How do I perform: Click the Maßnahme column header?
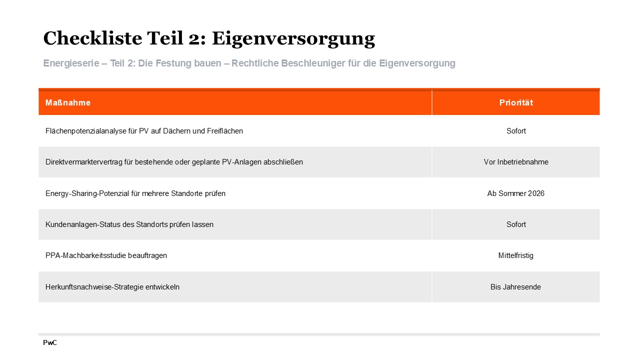pos(68,102)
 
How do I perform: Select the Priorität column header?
pos(516,102)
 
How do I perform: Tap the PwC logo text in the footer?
pos(50,343)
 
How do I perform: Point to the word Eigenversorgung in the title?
pos(293,38)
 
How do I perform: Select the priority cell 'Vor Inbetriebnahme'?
pos(516,162)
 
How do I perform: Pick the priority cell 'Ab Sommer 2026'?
pos(516,193)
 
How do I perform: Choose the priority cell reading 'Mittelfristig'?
pos(516,255)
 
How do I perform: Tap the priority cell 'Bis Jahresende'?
pos(516,287)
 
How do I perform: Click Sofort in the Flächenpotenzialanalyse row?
pos(516,131)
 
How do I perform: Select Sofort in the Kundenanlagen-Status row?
pos(516,224)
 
